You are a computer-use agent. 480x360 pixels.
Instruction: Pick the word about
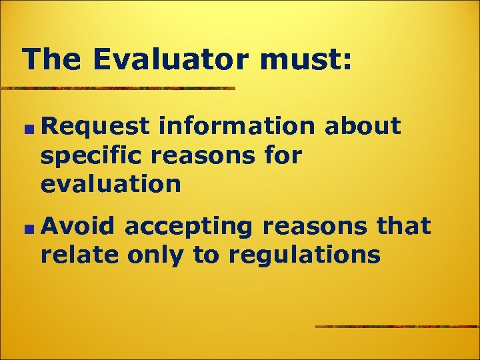(363, 126)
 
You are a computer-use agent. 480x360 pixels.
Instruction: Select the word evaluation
(111, 184)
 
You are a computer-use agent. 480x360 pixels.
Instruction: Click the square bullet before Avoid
(27, 228)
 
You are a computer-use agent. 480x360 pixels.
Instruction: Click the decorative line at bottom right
(397, 327)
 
